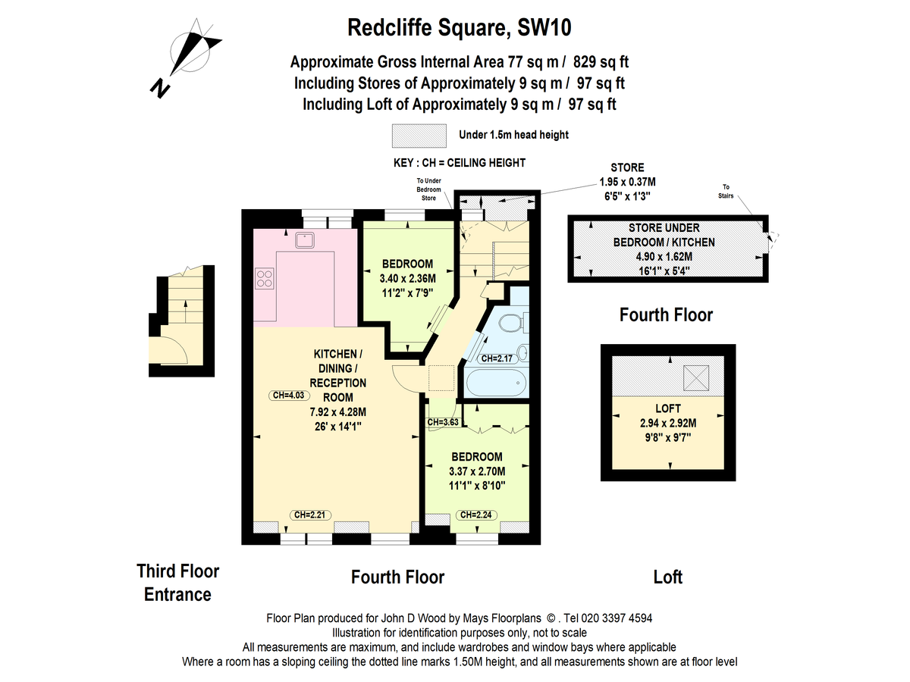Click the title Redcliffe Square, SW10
click(459, 28)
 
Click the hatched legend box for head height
click(419, 136)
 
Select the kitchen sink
click(306, 240)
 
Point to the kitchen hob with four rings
click(265, 278)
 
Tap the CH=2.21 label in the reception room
click(307, 515)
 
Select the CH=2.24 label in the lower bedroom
click(478, 515)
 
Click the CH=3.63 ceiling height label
click(444, 422)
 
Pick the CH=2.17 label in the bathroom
click(497, 358)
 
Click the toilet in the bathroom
click(513, 324)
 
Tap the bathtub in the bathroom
click(493, 382)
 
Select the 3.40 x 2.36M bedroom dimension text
click(407, 277)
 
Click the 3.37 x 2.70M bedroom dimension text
click(477, 471)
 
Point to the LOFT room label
click(667, 408)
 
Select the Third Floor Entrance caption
click(177, 582)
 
